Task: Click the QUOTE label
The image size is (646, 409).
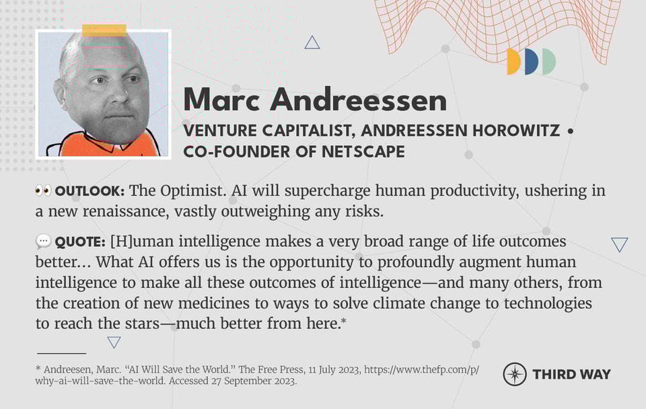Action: click(x=80, y=241)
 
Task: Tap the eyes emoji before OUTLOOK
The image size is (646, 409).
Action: click(x=43, y=191)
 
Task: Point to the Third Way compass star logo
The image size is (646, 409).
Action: click(x=515, y=374)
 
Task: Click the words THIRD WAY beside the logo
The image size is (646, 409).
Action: click(x=572, y=374)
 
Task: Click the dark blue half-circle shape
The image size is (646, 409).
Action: click(x=532, y=62)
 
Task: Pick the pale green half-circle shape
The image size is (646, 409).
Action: click(x=550, y=62)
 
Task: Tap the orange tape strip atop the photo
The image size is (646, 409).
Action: click(x=104, y=30)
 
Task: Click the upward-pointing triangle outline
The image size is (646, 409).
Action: click(x=312, y=44)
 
